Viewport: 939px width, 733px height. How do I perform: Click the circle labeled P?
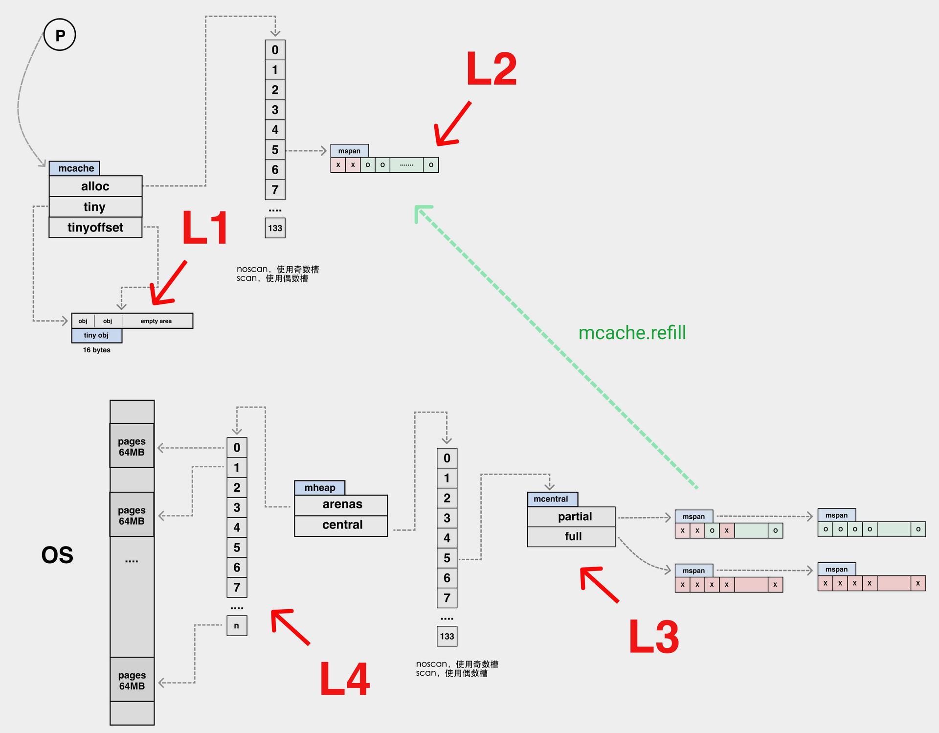pos(60,35)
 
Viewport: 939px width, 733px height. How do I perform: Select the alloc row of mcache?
pos(95,186)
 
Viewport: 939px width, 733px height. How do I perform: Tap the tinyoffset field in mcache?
pos(95,228)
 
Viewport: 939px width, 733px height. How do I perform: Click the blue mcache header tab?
pos(74,168)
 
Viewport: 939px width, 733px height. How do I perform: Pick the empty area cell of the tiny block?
pos(157,321)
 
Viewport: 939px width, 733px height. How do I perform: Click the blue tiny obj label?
pos(96,335)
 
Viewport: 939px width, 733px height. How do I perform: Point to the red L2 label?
pos(491,69)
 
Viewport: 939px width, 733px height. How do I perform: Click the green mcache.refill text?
pos(632,333)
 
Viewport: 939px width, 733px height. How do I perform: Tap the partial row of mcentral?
pos(571,517)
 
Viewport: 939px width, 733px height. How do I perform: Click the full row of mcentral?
pos(571,537)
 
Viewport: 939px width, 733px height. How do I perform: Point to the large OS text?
pos(57,555)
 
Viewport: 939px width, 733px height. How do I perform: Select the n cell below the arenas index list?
pos(237,626)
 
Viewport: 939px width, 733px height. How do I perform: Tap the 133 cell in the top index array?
pos(275,228)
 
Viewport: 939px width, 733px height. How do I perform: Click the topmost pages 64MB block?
pos(132,446)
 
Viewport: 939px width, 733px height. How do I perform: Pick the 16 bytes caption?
pos(97,350)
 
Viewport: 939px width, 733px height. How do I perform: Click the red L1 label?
pos(204,228)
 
